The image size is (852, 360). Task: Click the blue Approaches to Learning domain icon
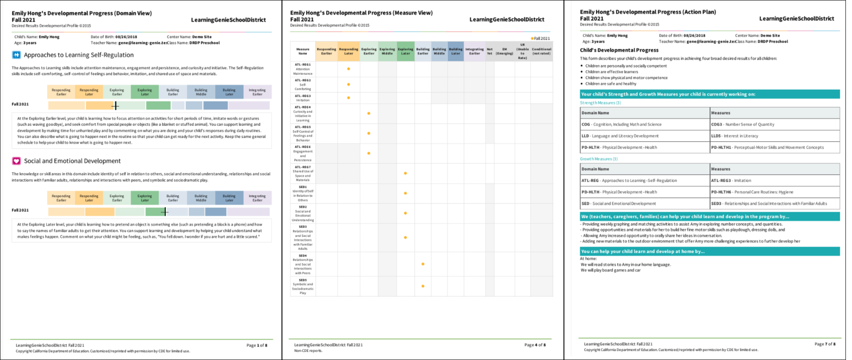click(x=16, y=55)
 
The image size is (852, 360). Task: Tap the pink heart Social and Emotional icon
click(x=16, y=161)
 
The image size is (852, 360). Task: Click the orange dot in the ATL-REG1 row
click(x=348, y=69)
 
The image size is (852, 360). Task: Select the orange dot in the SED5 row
click(x=423, y=286)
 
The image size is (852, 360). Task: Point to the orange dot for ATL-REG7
click(x=405, y=173)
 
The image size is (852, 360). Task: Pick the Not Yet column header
click(x=489, y=51)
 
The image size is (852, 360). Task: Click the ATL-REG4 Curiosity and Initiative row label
click(x=303, y=113)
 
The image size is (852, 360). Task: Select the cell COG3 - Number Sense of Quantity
click(x=743, y=124)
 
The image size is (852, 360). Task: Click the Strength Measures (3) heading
click(x=600, y=103)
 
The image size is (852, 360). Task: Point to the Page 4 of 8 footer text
click(x=535, y=345)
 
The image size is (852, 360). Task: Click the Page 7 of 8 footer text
click(x=825, y=344)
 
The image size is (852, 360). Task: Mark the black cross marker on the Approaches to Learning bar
click(x=115, y=105)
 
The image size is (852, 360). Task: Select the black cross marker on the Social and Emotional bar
click(x=164, y=212)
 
